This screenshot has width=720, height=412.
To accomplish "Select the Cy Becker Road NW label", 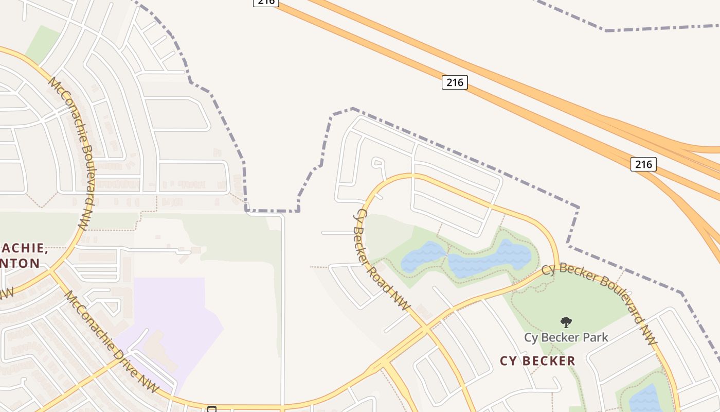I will pos(383,260).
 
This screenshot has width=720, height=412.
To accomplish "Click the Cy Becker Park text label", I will pos(566,338).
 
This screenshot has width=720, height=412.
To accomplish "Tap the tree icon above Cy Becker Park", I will pos(566,322).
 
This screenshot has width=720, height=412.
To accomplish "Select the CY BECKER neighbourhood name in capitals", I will pos(537,361).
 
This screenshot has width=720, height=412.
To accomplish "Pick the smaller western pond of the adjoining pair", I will pos(423,256).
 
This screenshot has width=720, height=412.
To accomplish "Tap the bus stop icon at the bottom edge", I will pos(211,409).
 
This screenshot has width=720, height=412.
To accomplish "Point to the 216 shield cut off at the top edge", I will pos(266,3).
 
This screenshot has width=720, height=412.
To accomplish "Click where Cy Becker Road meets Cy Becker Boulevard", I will pos(425,328).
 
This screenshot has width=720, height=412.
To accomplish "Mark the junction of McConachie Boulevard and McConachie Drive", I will pos(51,270).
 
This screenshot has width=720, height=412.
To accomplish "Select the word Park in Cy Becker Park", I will pos(595,338).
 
